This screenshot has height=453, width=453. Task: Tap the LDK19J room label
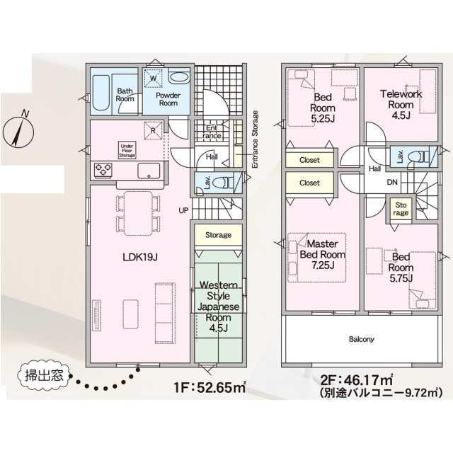[140, 257]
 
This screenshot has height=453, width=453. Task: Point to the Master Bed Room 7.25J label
[323, 254]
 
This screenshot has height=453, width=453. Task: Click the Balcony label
[362, 339]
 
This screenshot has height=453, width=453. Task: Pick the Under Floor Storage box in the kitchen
[127, 150]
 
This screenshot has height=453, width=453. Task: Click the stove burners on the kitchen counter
[103, 169]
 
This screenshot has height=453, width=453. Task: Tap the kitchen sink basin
[149, 171]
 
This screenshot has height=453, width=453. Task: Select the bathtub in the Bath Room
[101, 93]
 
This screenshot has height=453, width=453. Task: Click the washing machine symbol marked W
[154, 78]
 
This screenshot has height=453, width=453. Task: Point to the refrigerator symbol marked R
[153, 130]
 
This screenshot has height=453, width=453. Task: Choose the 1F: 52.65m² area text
[210, 387]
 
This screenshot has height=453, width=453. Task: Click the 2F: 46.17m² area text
[357, 379]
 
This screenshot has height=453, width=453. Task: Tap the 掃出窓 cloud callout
[44, 376]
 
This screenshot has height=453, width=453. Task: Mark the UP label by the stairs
[183, 210]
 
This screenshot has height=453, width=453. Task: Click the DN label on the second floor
[392, 182]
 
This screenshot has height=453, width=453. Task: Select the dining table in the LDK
[139, 213]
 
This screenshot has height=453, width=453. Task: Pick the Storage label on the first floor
[218, 235]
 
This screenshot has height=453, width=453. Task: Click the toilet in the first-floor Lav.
[223, 183]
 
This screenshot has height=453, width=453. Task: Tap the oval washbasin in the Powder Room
[178, 77]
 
